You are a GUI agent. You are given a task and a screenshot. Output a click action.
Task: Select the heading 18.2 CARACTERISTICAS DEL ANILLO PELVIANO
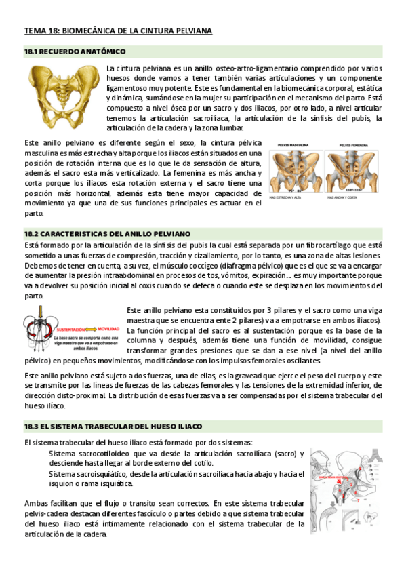(108, 233)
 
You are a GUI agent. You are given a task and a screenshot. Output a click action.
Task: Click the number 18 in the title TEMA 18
(52, 31)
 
